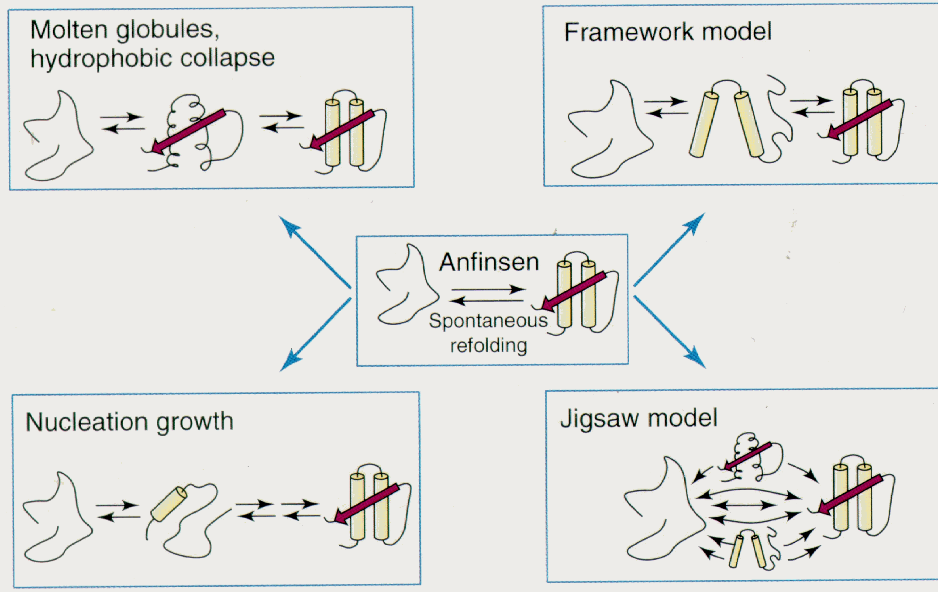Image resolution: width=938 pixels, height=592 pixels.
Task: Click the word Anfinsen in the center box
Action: pyautogui.click(x=489, y=262)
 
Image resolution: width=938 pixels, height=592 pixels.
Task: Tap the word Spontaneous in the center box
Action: pyautogui.click(x=488, y=321)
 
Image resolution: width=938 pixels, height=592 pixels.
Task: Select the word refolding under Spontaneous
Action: pyautogui.click(x=489, y=346)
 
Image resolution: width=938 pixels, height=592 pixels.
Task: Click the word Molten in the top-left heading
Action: pyautogui.click(x=69, y=30)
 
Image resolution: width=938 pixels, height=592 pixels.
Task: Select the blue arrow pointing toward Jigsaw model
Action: pyautogui.click(x=670, y=332)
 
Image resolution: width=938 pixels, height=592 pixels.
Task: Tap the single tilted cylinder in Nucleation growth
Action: pyautogui.click(x=169, y=504)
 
